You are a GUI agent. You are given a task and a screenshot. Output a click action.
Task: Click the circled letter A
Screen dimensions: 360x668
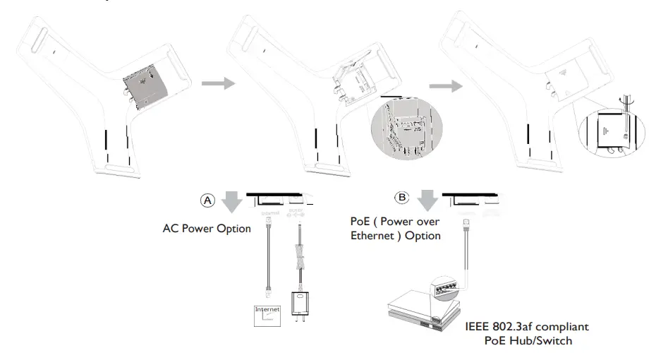coord(207,200)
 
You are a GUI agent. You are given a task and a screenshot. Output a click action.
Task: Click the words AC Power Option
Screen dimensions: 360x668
coord(207,229)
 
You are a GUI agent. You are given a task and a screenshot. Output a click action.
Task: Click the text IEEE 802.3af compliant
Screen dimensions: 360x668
coord(527,328)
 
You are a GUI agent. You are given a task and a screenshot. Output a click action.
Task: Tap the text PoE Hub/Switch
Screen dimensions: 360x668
coord(527,342)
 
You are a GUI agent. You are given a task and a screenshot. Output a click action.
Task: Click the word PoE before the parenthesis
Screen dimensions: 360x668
coord(360,222)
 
